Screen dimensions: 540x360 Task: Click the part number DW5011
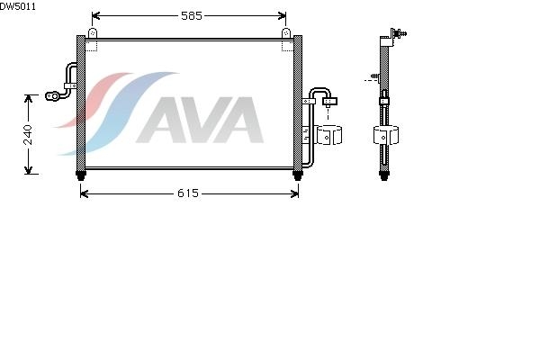click(17, 6)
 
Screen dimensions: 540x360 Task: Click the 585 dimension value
click(192, 15)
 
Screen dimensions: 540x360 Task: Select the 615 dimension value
click(188, 193)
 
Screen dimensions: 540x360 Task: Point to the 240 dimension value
click(28, 135)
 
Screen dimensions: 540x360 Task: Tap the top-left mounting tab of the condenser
click(93, 33)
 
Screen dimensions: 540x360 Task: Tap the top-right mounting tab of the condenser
click(286, 33)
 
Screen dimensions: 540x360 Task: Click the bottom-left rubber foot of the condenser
click(81, 175)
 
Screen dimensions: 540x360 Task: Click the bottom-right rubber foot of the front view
click(298, 175)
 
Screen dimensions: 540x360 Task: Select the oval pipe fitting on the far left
click(53, 96)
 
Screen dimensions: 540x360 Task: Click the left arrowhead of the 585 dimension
click(95, 16)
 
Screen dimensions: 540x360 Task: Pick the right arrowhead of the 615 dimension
click(295, 193)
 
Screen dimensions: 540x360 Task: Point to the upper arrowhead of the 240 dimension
click(28, 98)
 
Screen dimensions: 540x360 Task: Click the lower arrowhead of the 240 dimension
click(28, 170)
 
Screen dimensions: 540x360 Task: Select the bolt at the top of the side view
click(400, 34)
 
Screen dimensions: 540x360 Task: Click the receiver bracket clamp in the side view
click(386, 135)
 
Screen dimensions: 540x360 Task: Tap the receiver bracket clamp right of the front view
click(328, 135)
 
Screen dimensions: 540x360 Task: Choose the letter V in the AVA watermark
click(201, 120)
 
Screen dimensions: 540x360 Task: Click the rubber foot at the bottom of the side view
click(384, 175)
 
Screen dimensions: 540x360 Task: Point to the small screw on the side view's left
click(375, 76)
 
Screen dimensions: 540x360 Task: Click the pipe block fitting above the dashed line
click(329, 102)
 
